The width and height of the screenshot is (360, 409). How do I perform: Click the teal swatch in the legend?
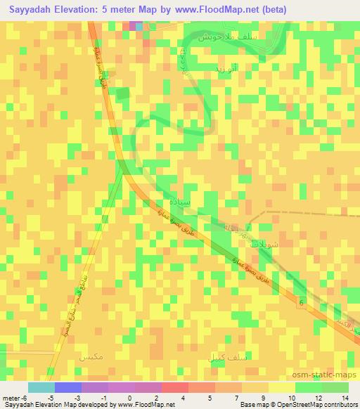pos(41,387)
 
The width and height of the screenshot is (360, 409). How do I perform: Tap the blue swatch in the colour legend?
pos(68,387)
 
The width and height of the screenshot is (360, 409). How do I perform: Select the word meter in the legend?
pos(12,398)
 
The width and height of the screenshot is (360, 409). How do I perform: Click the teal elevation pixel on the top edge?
pos(139,25)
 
